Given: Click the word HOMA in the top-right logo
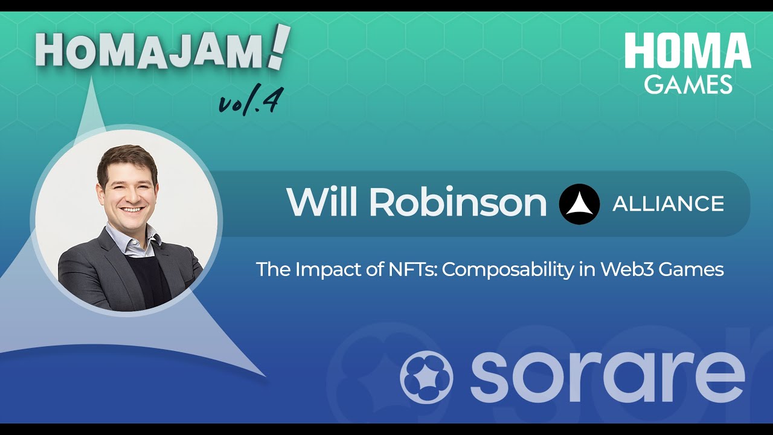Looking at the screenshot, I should click(687, 51).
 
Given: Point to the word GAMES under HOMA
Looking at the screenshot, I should click(688, 84).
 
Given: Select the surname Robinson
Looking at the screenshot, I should click(458, 202).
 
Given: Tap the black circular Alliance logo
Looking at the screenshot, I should click(579, 204).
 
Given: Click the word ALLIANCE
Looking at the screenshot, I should click(668, 204).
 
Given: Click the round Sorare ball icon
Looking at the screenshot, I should click(426, 376).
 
